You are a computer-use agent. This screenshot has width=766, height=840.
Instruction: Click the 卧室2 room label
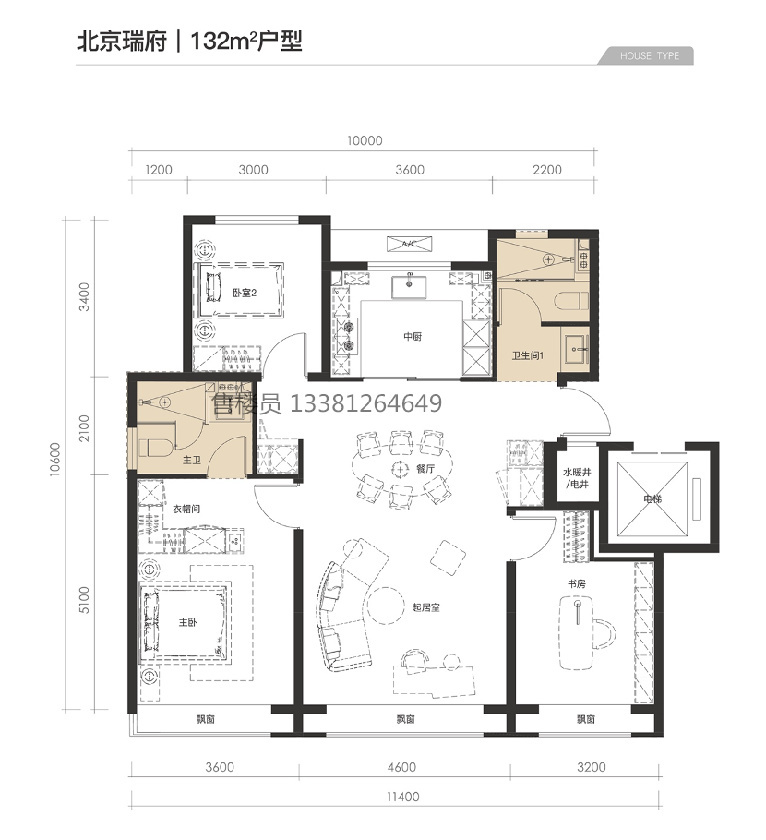[x=245, y=293]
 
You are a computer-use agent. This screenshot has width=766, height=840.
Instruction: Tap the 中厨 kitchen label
[x=413, y=336]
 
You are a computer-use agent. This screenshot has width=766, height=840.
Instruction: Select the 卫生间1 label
[x=528, y=355]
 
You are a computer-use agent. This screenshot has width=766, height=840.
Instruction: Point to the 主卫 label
[x=191, y=460]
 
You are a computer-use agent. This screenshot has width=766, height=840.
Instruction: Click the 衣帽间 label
[x=186, y=509]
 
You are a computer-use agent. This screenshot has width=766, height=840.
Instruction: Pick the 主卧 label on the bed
[x=187, y=622]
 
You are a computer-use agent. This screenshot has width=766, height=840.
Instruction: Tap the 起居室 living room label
[x=425, y=607]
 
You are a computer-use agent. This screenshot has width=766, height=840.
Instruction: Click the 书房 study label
[x=577, y=584]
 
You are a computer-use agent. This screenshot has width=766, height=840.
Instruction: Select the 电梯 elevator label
[x=652, y=498]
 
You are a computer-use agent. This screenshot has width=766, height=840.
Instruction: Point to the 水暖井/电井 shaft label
[x=577, y=478]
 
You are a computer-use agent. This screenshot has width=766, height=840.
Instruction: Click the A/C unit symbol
[x=409, y=244]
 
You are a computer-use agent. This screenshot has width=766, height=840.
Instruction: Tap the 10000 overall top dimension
[x=365, y=141]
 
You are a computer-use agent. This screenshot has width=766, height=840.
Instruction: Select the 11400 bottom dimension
[x=402, y=797]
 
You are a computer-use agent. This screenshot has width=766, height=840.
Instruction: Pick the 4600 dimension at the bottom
[x=401, y=767]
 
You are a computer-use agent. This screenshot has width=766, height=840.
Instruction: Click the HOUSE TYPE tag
[x=649, y=55]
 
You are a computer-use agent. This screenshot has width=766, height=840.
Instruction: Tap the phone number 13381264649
[x=365, y=403]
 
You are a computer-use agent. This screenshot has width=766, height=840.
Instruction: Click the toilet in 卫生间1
[x=570, y=301]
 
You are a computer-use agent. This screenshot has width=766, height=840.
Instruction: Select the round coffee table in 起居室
[x=385, y=606]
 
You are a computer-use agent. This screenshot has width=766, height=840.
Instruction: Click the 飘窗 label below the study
[x=585, y=719]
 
